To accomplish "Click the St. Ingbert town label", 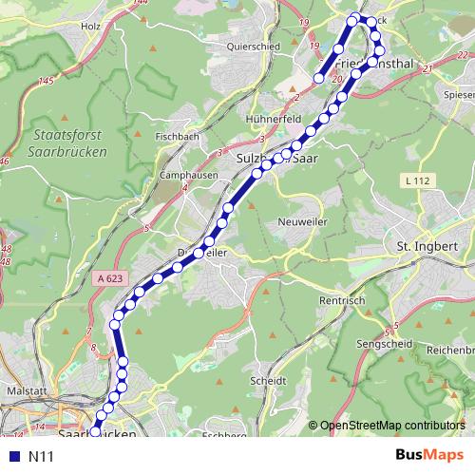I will (427, 246).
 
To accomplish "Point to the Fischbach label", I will (179, 137).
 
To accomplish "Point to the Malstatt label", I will (27, 389).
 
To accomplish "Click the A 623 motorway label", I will (109, 278).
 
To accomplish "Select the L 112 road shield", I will (415, 180).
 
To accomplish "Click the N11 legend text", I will (40, 456).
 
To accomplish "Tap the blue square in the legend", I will (12, 456).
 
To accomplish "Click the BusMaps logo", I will (430, 455).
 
